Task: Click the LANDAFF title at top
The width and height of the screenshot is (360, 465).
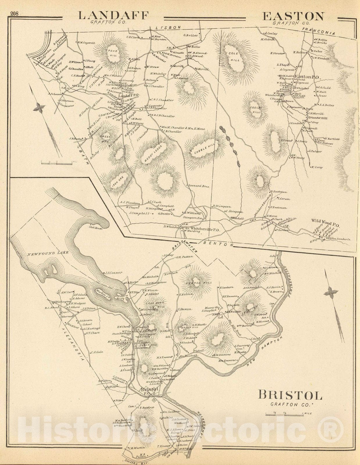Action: tap(114, 15)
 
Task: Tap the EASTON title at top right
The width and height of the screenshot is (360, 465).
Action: tap(293, 16)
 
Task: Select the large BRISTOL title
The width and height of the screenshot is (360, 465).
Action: tap(290, 395)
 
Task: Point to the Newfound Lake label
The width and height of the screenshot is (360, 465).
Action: tap(48, 253)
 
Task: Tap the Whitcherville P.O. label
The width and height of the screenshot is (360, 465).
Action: tap(206, 230)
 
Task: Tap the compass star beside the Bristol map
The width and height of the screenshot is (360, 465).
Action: tap(331, 292)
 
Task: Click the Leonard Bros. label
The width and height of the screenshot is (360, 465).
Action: tap(199, 186)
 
